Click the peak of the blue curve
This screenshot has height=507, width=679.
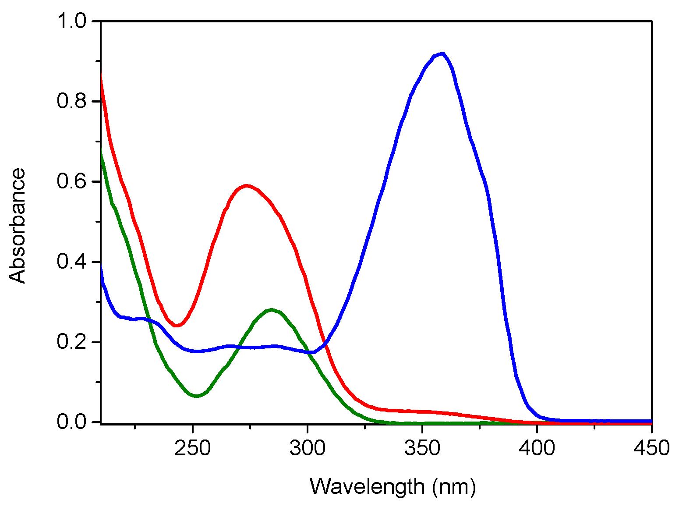443,53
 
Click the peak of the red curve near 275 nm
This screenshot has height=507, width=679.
247,185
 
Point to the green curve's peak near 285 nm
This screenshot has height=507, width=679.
272,310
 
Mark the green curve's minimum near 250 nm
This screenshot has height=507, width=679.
197,396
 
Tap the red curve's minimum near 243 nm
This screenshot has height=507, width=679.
177,325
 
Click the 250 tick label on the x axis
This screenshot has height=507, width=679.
192,448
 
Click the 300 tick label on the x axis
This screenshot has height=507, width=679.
308,448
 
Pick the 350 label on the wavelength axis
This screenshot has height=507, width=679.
422,448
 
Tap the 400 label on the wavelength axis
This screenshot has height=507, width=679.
537,448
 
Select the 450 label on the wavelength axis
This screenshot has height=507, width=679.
651,448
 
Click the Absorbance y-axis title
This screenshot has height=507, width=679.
18,226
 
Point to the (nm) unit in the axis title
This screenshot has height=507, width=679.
454,487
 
